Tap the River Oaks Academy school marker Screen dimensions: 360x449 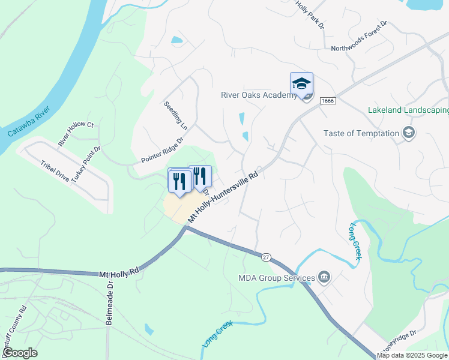301,83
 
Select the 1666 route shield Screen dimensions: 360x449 327,101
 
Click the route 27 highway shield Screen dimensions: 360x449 265,257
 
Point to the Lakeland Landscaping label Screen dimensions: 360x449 408,110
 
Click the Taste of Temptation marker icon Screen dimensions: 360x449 409,133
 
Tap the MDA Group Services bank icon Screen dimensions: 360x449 324,277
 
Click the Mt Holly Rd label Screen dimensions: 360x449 119,272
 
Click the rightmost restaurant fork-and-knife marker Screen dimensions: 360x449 200,176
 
